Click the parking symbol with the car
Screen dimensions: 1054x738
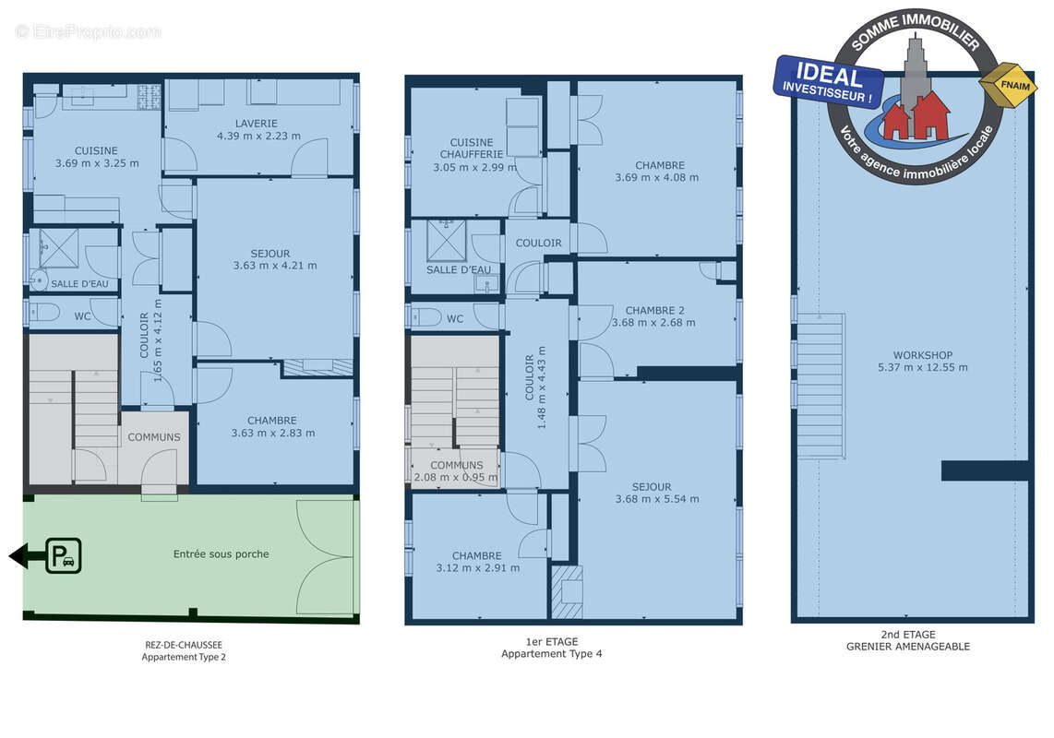(x=64, y=556)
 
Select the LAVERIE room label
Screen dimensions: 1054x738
(x=256, y=124)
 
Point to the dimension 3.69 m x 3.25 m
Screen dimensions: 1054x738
(x=97, y=163)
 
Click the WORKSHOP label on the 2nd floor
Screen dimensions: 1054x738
(x=922, y=355)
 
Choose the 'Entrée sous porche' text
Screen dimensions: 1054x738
(x=222, y=553)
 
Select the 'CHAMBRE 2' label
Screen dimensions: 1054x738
(x=654, y=311)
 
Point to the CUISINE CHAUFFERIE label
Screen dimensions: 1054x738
(x=472, y=149)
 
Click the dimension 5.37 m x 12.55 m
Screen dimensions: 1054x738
(x=922, y=368)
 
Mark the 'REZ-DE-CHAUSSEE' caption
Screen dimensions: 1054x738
(x=184, y=645)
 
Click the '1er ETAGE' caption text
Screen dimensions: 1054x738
(x=552, y=642)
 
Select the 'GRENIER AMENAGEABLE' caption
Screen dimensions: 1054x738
(x=908, y=647)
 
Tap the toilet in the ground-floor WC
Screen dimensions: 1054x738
(x=44, y=313)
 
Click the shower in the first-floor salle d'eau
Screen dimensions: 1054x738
(x=447, y=241)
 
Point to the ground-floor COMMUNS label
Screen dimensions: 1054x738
(x=154, y=437)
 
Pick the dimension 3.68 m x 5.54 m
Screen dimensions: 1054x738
(x=657, y=499)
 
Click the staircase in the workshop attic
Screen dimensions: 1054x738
(x=820, y=386)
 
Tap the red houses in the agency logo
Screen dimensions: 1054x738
(x=916, y=115)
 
